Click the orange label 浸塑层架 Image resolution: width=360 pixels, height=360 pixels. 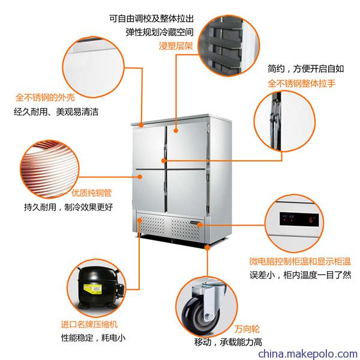point(176,46)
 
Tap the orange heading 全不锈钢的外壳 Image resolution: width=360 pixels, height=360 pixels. point(45,97)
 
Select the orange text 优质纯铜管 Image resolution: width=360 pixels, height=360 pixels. point(92,193)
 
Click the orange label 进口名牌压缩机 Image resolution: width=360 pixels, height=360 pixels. point(89,324)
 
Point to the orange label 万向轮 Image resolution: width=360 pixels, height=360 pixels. point(247,329)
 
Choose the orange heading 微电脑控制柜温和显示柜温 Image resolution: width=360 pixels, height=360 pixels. point(300,261)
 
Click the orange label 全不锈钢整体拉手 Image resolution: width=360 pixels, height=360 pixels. point(302,83)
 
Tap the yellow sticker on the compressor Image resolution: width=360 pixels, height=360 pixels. point(92,289)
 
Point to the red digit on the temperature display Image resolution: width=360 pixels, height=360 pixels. point(311,220)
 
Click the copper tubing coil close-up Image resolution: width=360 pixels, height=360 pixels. point(50,169)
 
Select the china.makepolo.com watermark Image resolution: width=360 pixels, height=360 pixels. point(308,353)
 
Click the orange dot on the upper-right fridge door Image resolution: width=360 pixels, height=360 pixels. point(176,131)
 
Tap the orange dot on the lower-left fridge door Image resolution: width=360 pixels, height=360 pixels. point(140,176)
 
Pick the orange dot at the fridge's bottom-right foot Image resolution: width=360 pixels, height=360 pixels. point(208,247)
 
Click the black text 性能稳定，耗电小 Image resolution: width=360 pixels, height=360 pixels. point(93,338)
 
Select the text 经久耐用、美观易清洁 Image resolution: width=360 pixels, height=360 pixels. point(56,112)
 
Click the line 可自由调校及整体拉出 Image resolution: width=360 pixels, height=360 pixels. point(152,19)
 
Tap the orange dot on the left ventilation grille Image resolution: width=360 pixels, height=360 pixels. point(140,220)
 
